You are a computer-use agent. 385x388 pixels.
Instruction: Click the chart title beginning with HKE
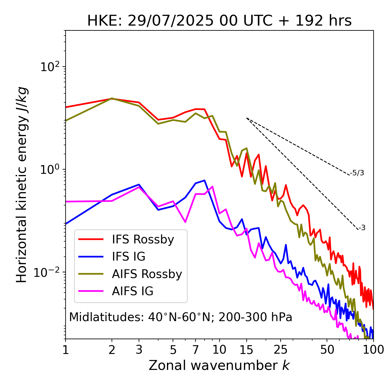pyautogui.click(x=219, y=21)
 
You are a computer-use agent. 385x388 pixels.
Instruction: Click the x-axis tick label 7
pyautogui.click(x=196, y=350)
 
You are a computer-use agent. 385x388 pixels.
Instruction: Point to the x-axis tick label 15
pyautogui.click(x=247, y=350)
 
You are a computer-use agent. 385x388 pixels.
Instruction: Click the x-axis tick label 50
pyautogui.click(x=327, y=350)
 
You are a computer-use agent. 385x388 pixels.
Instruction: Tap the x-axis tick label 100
pyautogui.click(x=373, y=350)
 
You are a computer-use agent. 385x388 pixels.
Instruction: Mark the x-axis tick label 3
pyautogui.click(x=139, y=350)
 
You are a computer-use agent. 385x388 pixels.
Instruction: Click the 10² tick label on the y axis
pyautogui.click(x=50, y=67)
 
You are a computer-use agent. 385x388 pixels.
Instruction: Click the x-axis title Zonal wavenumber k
pyautogui.click(x=219, y=365)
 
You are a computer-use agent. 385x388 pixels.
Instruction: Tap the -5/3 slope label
pyautogui.click(x=357, y=173)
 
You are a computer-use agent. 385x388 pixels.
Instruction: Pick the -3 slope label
pyautogui.click(x=362, y=228)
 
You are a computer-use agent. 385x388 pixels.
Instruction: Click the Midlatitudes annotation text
pyautogui.click(x=180, y=317)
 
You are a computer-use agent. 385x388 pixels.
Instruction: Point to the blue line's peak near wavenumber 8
pyautogui.click(x=205, y=180)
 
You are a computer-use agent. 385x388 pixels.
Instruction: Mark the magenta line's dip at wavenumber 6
pyautogui.click(x=185, y=222)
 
